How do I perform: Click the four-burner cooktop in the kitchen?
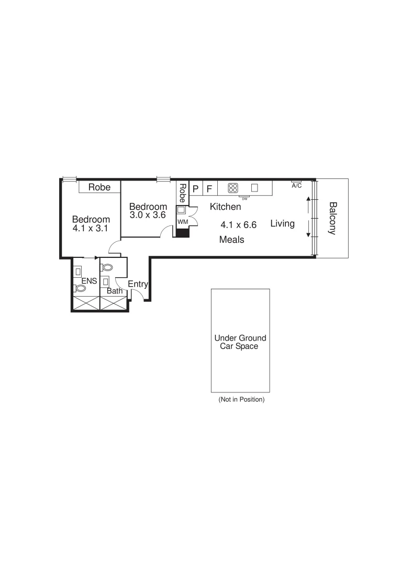tap(233, 188)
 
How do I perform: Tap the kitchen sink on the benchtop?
tap(255, 188)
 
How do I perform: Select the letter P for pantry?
tap(196, 188)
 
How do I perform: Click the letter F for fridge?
tap(209, 188)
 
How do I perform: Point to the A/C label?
tap(296, 186)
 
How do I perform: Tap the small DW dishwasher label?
tap(245, 198)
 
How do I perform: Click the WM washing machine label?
tap(182, 222)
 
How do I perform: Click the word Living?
tap(282, 224)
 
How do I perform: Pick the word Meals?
tap(232, 240)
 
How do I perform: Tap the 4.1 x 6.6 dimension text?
tap(238, 225)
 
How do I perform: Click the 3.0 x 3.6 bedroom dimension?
tap(148, 214)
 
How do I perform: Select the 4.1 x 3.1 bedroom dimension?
tap(91, 229)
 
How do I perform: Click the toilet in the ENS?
tap(81, 288)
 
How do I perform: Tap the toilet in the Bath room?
tap(108, 267)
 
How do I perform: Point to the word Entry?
tap(138, 284)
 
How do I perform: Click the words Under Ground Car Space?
tap(240, 342)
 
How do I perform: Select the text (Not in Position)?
tap(241, 399)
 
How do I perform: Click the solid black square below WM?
tap(182, 232)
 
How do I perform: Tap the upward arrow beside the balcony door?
tap(308, 200)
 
